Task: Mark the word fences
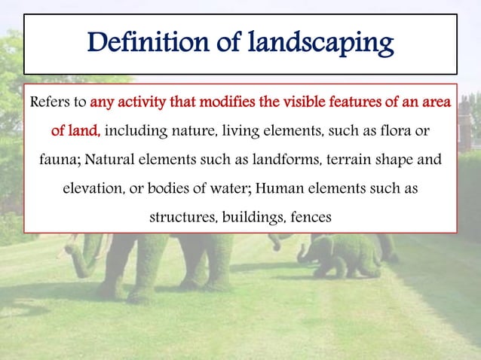[309, 218]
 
